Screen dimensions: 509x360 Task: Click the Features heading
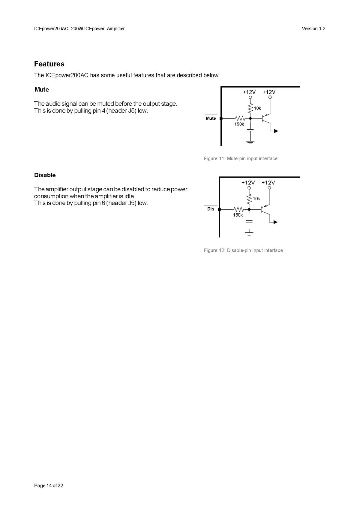[49, 64]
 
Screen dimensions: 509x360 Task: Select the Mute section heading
[42, 89]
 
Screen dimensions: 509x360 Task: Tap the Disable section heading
[45, 175]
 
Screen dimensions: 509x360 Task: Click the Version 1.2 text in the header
[313, 28]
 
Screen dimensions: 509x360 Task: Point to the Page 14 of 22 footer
[49, 486]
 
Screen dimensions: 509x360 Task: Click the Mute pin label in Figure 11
[211, 118]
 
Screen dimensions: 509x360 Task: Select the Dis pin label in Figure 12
[211, 209]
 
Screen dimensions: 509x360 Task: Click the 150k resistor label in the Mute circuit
[239, 124]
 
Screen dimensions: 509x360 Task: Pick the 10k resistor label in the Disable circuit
[256, 199]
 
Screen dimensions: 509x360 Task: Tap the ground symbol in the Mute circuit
[250, 142]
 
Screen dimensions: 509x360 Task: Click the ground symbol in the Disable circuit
[249, 233]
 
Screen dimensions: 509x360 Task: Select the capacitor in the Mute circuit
[250, 130]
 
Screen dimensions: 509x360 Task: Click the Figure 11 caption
[241, 158]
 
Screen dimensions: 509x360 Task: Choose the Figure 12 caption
[243, 250]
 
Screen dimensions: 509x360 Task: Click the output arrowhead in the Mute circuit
[276, 131]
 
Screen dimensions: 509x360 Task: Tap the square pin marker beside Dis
[219, 209]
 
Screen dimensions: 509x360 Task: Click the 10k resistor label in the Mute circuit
[258, 108]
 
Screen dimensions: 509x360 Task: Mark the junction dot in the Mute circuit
[250, 118]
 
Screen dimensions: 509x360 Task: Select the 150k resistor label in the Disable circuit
[238, 215]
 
